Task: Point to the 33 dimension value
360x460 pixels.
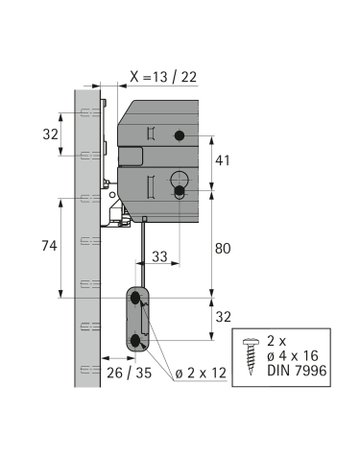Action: coord(159,258)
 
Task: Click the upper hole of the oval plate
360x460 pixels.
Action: coord(137,299)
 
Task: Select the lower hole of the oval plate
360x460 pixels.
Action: coord(137,340)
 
